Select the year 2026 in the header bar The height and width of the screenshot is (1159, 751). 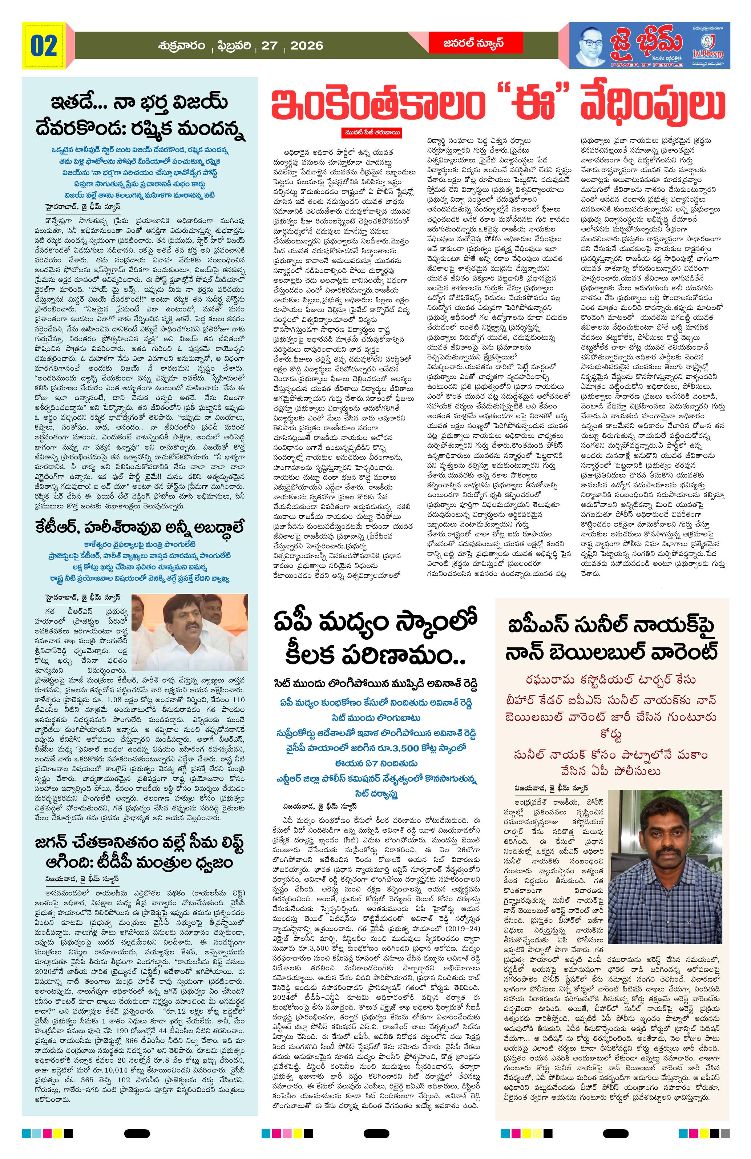[307, 46]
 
